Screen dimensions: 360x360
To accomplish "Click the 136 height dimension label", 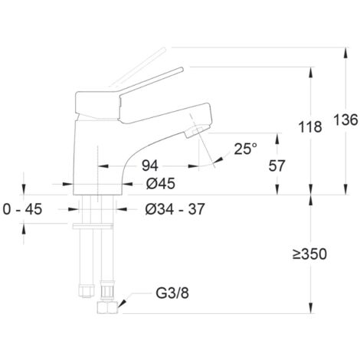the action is [x=345, y=119].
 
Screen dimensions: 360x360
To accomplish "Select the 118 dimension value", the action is [x=310, y=127].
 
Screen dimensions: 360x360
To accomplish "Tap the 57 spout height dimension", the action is [x=277, y=165].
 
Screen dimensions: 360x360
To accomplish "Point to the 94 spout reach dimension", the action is [x=150, y=165].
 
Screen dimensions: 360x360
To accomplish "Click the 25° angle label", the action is [x=245, y=149].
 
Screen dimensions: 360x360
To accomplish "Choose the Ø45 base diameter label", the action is [x=161, y=184].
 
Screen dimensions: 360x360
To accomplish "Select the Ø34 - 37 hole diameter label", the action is [x=175, y=209].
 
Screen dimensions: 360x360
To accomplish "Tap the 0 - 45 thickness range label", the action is [x=22, y=209].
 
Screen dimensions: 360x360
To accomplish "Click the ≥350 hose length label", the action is [x=309, y=254].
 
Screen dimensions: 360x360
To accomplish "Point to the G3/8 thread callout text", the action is [x=172, y=293].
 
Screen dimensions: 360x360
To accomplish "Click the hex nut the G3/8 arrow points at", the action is [x=107, y=307].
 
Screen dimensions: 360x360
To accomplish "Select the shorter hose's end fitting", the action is [x=87, y=292].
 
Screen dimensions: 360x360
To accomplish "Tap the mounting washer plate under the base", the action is [x=93, y=226].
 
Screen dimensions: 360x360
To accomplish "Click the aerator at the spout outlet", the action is [x=197, y=131].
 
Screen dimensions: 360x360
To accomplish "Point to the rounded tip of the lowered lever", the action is [x=182, y=69].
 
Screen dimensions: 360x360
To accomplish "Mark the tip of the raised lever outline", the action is [x=164, y=49].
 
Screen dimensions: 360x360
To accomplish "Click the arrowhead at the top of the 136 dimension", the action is [x=345, y=54].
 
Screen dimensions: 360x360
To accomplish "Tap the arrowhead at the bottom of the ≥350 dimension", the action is [x=311, y=308].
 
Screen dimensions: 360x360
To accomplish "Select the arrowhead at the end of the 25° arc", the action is [x=219, y=160].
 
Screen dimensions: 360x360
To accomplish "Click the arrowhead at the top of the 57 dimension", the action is [x=277, y=139].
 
